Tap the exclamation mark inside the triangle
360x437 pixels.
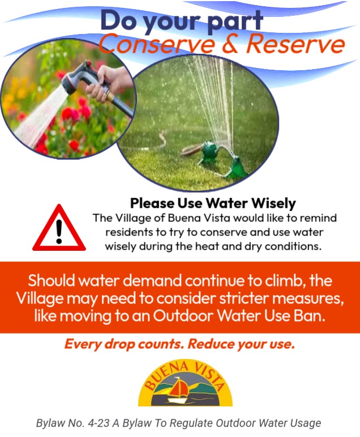pos(59,232)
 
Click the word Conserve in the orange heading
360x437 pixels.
pos(157,44)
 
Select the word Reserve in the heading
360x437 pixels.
pos(295,44)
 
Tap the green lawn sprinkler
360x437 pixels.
pos(223,160)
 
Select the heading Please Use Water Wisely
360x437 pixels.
pos(213,203)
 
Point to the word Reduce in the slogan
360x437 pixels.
pos(211,344)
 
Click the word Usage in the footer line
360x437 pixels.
pos(306,423)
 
